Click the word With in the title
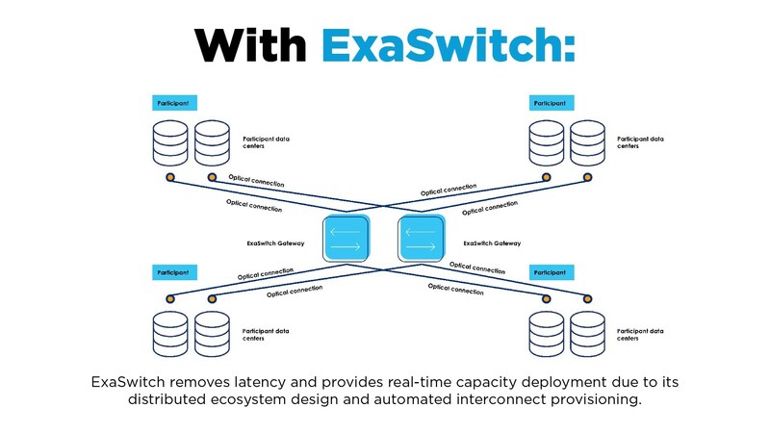[x=251, y=44]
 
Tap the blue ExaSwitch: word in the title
[x=449, y=44]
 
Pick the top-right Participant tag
[x=551, y=102]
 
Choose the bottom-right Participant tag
[x=551, y=273]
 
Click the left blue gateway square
[x=346, y=238]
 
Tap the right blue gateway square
[x=421, y=238]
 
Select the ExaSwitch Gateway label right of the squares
[x=492, y=243]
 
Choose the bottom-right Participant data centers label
[x=640, y=335]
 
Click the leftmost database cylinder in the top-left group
[x=170, y=142]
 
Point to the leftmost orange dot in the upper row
[x=170, y=178]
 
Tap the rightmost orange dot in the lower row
[x=586, y=299]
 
